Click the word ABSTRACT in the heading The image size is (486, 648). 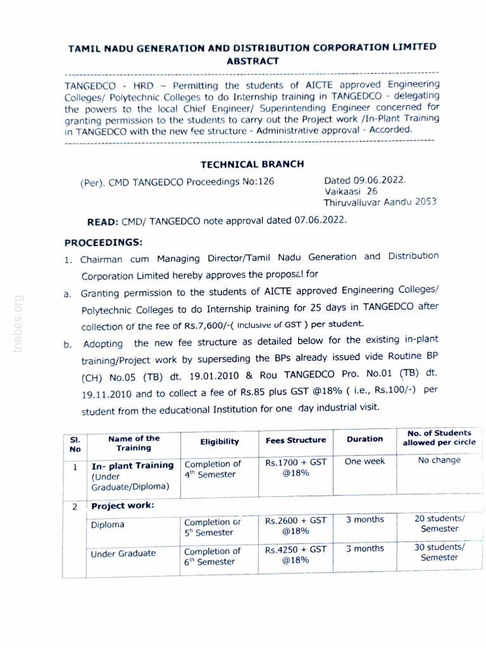point(252,61)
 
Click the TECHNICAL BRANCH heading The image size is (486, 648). point(252,165)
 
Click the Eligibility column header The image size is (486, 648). point(219,442)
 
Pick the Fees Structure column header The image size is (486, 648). point(295,440)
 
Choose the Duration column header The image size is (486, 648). point(364,439)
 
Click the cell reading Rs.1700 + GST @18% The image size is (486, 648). point(296,469)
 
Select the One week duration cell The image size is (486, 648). point(364,462)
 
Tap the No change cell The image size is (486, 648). point(439,461)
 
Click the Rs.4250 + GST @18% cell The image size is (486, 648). point(296,554)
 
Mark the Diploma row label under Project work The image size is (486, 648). point(108,525)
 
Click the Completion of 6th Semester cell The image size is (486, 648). point(212,556)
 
